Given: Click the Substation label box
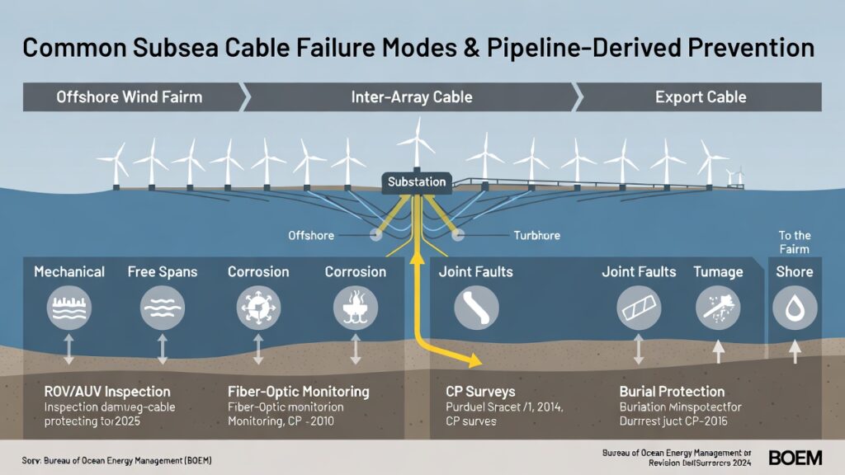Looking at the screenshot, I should coord(417,181).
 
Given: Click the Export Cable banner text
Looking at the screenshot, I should coord(701,97).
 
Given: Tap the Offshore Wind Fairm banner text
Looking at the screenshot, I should coord(129,97).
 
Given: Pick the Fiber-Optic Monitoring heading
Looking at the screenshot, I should coord(298,392).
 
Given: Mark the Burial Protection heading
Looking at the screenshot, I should coord(672,392).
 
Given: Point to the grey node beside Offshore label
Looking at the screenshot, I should coord(375,234).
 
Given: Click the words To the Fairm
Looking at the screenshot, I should coord(795,242).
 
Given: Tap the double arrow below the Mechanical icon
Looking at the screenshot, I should coord(69,349).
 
